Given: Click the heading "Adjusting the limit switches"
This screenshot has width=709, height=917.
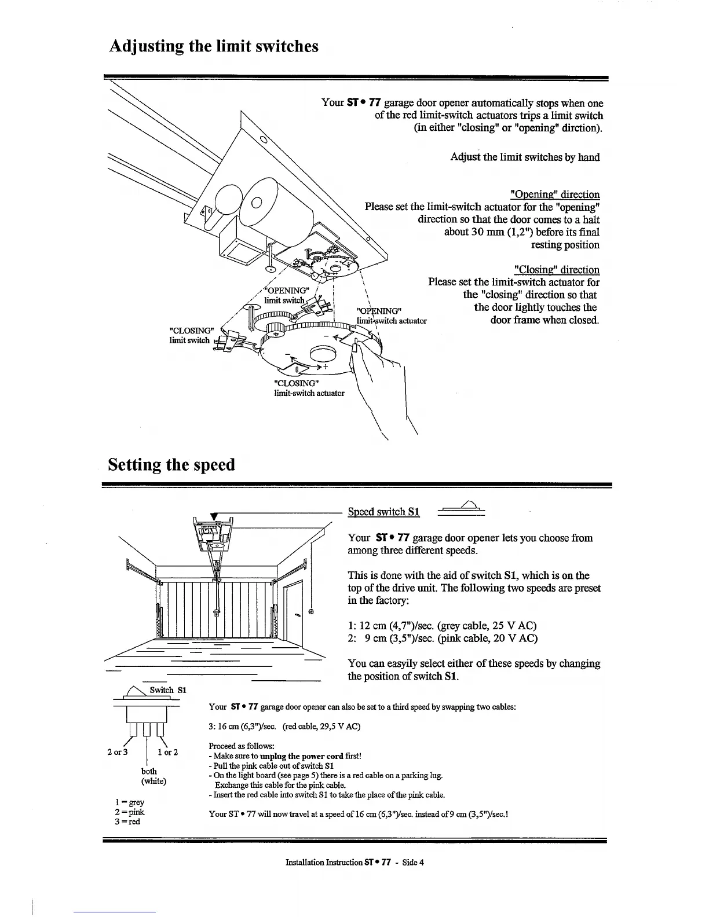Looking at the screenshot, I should click(x=214, y=46).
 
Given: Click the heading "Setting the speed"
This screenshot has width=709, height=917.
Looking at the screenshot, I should click(x=172, y=465).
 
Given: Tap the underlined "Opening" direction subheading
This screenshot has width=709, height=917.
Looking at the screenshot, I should click(x=555, y=195).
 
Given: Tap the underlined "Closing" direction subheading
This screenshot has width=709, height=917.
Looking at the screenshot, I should click(x=557, y=270).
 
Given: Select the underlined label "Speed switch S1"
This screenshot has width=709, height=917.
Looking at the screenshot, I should click(x=383, y=512).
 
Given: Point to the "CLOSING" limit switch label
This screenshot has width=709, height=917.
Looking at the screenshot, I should click(x=189, y=335).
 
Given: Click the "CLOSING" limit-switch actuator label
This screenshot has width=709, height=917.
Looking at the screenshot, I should click(x=308, y=388).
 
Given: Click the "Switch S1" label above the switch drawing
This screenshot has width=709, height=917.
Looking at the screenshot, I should click(x=167, y=690).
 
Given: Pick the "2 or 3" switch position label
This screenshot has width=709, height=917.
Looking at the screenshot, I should click(x=118, y=752).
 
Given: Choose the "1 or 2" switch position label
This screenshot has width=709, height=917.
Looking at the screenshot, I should click(x=167, y=752).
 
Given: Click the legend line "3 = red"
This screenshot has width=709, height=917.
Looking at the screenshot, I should click(x=128, y=821).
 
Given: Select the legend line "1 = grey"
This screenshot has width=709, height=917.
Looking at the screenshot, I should click(x=130, y=802).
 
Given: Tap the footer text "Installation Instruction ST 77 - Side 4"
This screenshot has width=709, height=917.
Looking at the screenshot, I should click(x=355, y=862).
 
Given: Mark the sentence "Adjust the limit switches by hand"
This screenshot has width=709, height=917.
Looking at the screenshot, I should click(x=525, y=157).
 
